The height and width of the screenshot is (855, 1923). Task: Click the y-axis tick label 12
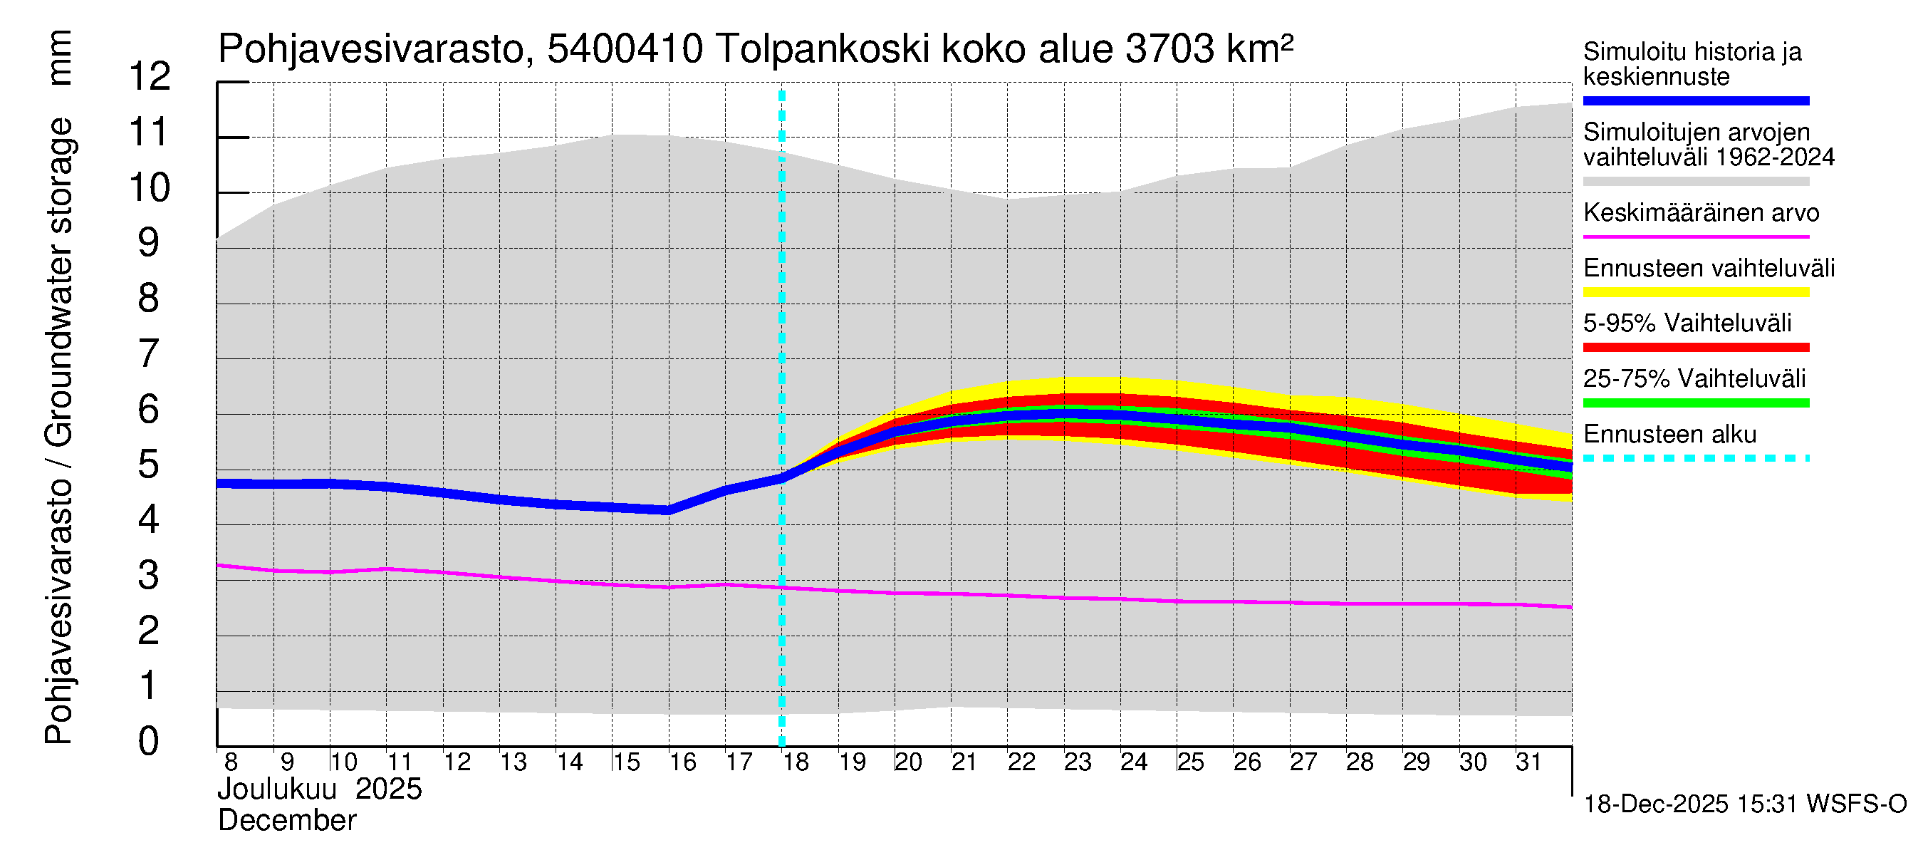point(150,76)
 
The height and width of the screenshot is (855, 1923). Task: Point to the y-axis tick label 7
point(149,353)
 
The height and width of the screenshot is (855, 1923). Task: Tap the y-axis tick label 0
point(149,741)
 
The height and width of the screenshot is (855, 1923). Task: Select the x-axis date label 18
point(796,762)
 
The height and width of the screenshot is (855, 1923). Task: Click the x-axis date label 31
point(1528,762)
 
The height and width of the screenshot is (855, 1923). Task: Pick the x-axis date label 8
point(231,762)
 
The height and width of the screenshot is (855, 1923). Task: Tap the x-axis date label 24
point(1133,762)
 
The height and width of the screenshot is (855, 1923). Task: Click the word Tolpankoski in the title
point(822,49)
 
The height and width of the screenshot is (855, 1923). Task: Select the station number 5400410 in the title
point(625,49)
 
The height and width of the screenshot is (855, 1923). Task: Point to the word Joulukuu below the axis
point(277,789)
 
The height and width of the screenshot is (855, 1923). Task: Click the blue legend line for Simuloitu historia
point(1695,100)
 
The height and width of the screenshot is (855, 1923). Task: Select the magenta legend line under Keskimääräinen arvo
point(1695,237)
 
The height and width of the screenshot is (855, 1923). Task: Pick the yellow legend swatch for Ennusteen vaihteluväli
point(1695,292)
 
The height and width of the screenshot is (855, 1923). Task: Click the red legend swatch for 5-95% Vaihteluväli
point(1695,347)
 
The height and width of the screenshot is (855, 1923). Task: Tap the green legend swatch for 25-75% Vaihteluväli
point(1695,403)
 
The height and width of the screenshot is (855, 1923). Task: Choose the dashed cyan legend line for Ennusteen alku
point(1695,457)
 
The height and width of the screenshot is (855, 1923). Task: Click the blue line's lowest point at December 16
point(668,511)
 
